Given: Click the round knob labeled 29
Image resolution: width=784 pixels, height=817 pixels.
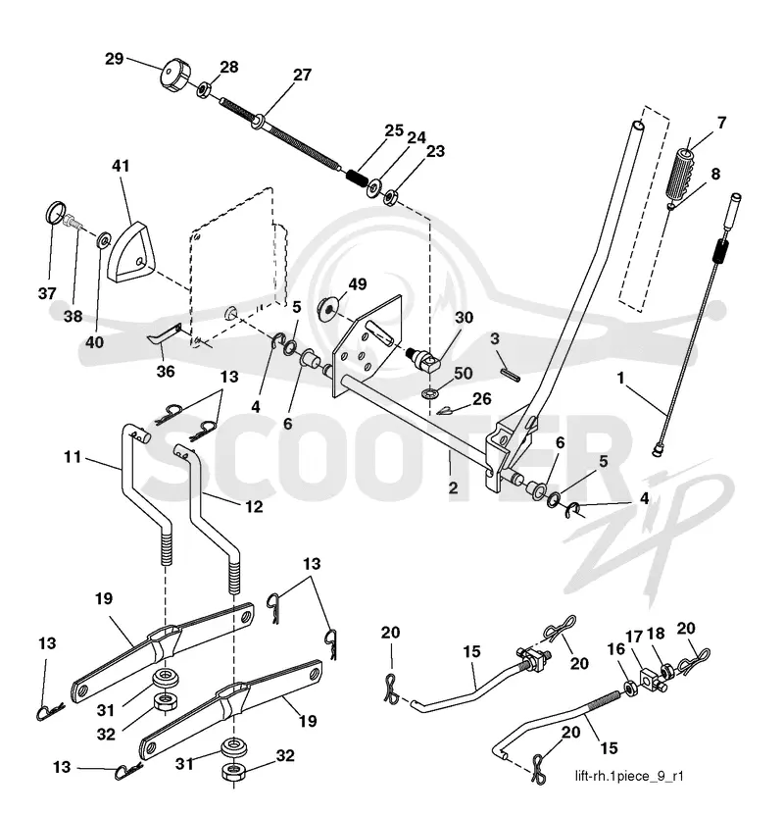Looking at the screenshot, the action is pos(174,77).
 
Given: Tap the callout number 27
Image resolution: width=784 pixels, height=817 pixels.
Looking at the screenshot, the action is pos(302,75).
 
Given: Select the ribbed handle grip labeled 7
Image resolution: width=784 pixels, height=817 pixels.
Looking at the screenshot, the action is pos(681,173).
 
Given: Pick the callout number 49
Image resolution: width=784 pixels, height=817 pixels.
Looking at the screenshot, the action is pos(357,284).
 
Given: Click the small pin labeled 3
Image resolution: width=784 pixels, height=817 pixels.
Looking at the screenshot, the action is pos(511,375).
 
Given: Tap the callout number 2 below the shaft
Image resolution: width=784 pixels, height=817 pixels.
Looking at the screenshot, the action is pos(453,488).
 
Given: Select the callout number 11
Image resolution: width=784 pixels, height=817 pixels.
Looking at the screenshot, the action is pos(73,457).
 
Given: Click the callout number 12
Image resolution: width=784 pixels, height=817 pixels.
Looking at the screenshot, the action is pos(254,506).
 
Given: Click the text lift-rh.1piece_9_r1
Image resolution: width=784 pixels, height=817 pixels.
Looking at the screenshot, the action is pos(629,777).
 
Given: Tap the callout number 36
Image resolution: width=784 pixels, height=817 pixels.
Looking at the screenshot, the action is pos(166,372).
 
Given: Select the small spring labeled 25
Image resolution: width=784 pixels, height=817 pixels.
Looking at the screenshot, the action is pos(357,178).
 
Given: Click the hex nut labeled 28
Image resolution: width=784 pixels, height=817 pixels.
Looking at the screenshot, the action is pos(204,89).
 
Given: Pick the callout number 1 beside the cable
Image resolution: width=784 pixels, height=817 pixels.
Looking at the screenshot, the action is pos(620,378).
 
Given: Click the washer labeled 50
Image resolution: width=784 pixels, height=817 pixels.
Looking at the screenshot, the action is pos(431,390).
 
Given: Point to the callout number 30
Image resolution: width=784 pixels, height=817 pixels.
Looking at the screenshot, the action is pos(464,318).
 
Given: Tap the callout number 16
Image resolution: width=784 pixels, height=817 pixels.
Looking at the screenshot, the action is pos(616,649).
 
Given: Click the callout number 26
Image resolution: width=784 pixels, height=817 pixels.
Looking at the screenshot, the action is pos(481,398).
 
